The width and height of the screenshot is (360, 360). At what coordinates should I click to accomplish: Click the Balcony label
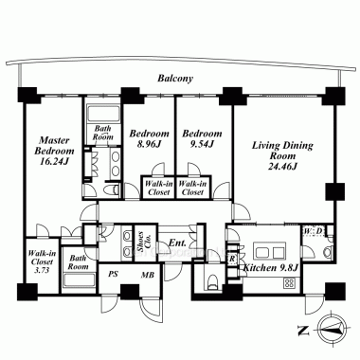coord(175,79)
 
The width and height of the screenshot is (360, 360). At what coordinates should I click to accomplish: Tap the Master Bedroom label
coord(54,146)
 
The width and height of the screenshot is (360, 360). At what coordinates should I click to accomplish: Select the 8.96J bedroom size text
coord(149,144)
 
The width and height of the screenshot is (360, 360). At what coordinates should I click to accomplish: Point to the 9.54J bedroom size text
coord(202,144)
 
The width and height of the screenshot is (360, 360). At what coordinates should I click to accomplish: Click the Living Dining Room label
coord(282,151)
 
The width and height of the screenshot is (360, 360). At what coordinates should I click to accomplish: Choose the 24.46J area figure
coord(282,166)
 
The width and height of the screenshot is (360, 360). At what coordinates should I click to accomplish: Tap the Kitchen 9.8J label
coord(271,268)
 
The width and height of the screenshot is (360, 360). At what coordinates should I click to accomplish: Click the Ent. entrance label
coord(177,243)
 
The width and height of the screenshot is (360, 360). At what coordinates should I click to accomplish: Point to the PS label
coord(113,274)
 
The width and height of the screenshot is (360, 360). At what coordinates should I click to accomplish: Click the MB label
coord(148,275)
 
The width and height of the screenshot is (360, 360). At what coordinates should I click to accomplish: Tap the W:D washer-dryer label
coord(314,231)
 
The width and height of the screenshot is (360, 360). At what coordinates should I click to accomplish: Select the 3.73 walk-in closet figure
coord(42,270)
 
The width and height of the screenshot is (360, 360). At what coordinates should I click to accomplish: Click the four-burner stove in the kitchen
coord(290,283)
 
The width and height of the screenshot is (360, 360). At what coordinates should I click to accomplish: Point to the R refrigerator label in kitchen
coord(232,259)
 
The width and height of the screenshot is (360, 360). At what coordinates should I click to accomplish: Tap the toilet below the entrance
coord(213,280)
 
